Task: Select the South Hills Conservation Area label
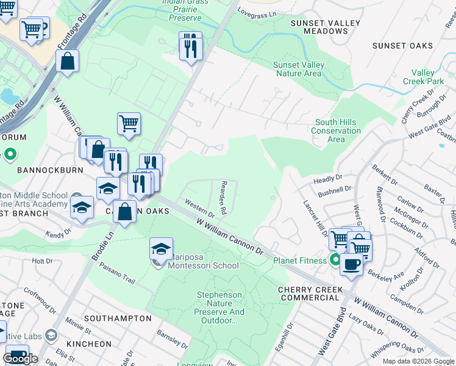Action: tap(336, 131)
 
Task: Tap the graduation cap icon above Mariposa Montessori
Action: tap(161, 248)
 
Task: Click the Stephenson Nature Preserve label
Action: tap(220, 307)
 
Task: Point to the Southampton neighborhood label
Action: tap(118, 318)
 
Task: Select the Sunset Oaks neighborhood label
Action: tap(402, 46)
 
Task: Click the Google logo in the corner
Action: tap(20, 359)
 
